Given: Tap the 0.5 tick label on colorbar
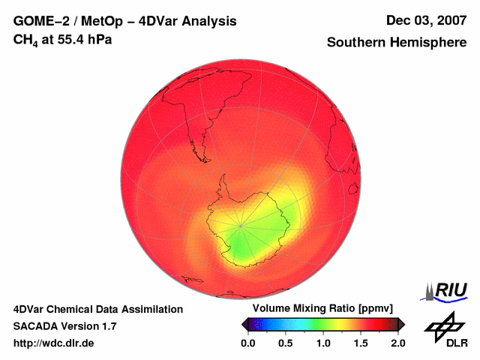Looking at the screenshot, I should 286,343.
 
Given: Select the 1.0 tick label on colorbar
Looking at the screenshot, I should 323,343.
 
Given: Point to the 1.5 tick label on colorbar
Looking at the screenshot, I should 361,343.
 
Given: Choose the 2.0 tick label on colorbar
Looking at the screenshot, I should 398,343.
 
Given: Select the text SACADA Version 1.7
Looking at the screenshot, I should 64,326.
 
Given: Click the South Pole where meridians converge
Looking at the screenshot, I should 241,224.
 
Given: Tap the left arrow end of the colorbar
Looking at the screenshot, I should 244,324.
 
